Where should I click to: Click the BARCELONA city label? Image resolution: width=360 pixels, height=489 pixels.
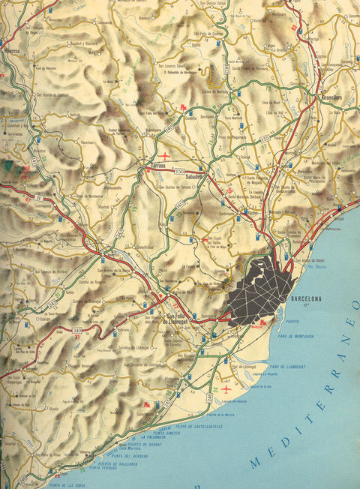[x=305, y=299]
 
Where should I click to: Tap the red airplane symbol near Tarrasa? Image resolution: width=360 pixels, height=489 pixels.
[x=177, y=157]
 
